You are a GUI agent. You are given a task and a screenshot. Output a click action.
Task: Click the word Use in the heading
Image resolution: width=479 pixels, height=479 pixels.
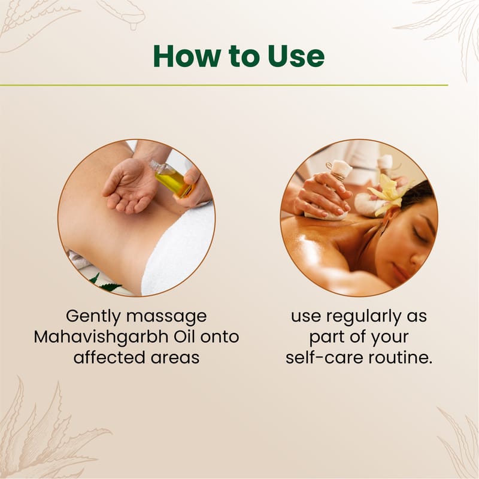click(x=296, y=56)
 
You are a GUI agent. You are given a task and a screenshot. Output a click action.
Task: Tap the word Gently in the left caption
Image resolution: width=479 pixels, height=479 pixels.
click(x=93, y=317)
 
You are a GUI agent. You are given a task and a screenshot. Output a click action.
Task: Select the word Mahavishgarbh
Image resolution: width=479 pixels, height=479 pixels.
click(x=101, y=337)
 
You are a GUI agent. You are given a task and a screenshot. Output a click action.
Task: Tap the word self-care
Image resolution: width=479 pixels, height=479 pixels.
click(x=325, y=357)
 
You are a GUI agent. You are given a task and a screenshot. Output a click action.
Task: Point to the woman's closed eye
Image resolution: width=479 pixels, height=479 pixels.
click(x=419, y=234)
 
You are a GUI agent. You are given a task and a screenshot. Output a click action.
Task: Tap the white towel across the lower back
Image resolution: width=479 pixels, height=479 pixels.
click(x=180, y=250)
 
